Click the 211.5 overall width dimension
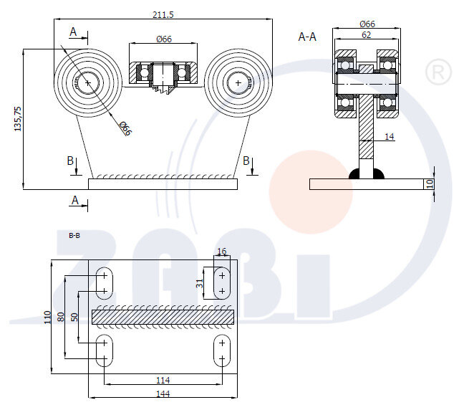[164, 14]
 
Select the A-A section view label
[307, 37]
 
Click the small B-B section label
[74, 234]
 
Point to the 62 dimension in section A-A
[366, 34]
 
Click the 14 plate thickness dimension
[390, 135]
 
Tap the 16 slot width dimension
[221, 252]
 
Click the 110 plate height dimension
[47, 316]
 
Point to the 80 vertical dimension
[61, 316]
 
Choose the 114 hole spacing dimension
[163, 380]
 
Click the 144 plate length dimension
[163, 394]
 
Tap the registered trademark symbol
[438, 72]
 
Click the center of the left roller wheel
[88, 82]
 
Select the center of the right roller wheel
[238, 82]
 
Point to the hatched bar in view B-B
[163, 315]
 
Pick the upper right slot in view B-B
[222, 282]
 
